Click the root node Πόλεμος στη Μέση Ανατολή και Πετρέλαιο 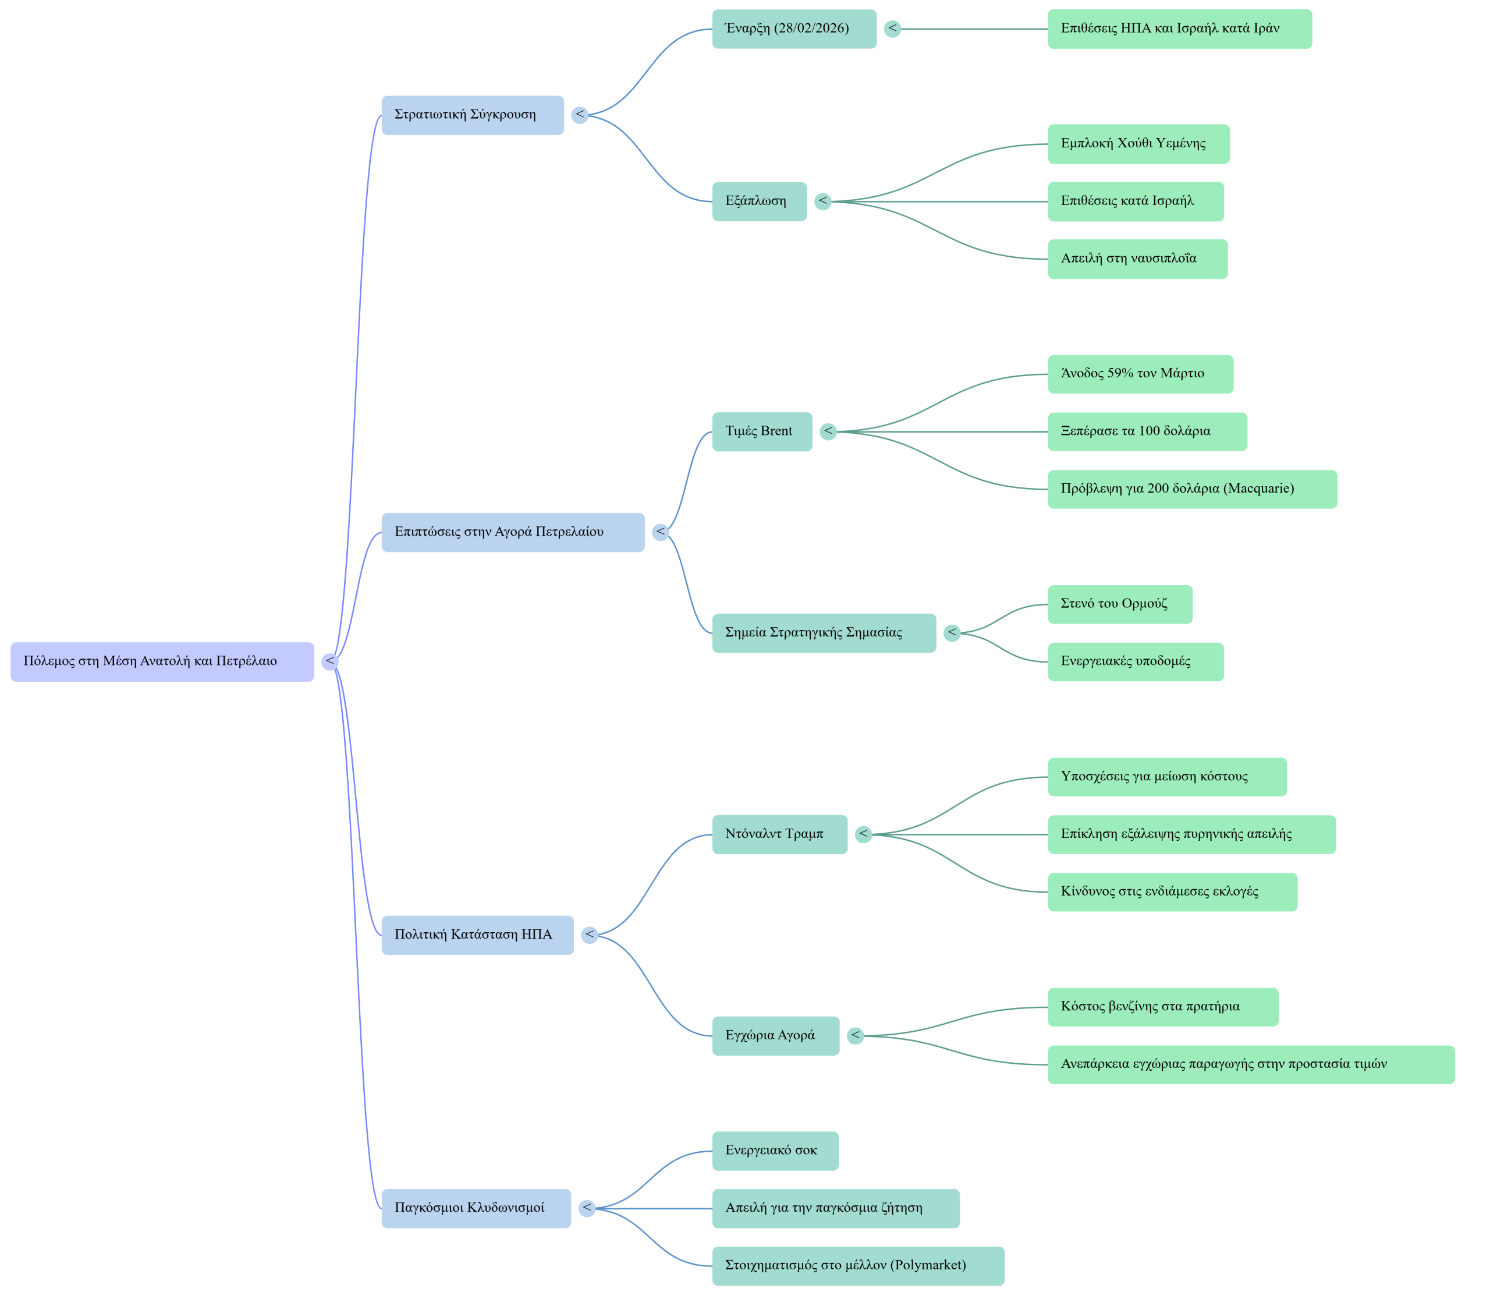click(x=162, y=661)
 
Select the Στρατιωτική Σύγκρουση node click(x=473, y=115)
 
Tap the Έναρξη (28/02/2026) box click(x=794, y=29)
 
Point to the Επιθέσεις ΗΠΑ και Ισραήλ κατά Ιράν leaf click(x=1179, y=29)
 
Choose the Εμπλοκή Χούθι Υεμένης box click(x=1138, y=144)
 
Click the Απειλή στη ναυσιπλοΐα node click(x=1137, y=259)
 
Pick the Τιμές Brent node click(x=762, y=431)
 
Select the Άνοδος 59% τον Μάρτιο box click(x=1140, y=374)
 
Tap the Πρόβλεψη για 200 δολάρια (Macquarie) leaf click(x=1192, y=489)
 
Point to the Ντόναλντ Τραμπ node click(x=779, y=834)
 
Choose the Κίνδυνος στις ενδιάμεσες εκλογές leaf click(x=1172, y=891)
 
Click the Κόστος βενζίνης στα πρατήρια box click(x=1162, y=1006)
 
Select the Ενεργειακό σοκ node click(x=775, y=1150)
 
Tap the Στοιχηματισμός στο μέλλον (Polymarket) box click(x=857, y=1265)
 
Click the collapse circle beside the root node click(x=330, y=661)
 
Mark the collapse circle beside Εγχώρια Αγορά click(x=856, y=1035)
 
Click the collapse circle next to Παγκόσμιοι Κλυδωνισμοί click(x=587, y=1208)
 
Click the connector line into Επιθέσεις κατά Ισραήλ click(x=939, y=201)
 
